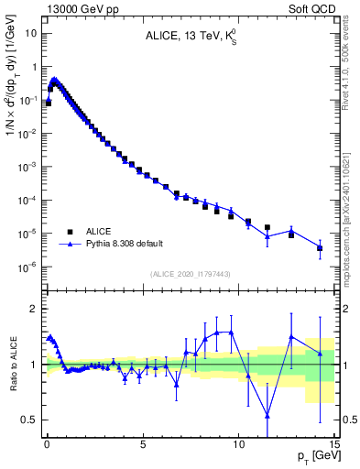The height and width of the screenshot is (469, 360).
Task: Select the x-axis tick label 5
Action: click(x=142, y=442)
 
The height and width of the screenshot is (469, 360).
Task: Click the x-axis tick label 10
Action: click(x=238, y=442)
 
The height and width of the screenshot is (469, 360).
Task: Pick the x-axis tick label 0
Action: click(x=47, y=442)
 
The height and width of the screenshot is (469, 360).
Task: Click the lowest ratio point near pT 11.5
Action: click(x=267, y=415)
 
